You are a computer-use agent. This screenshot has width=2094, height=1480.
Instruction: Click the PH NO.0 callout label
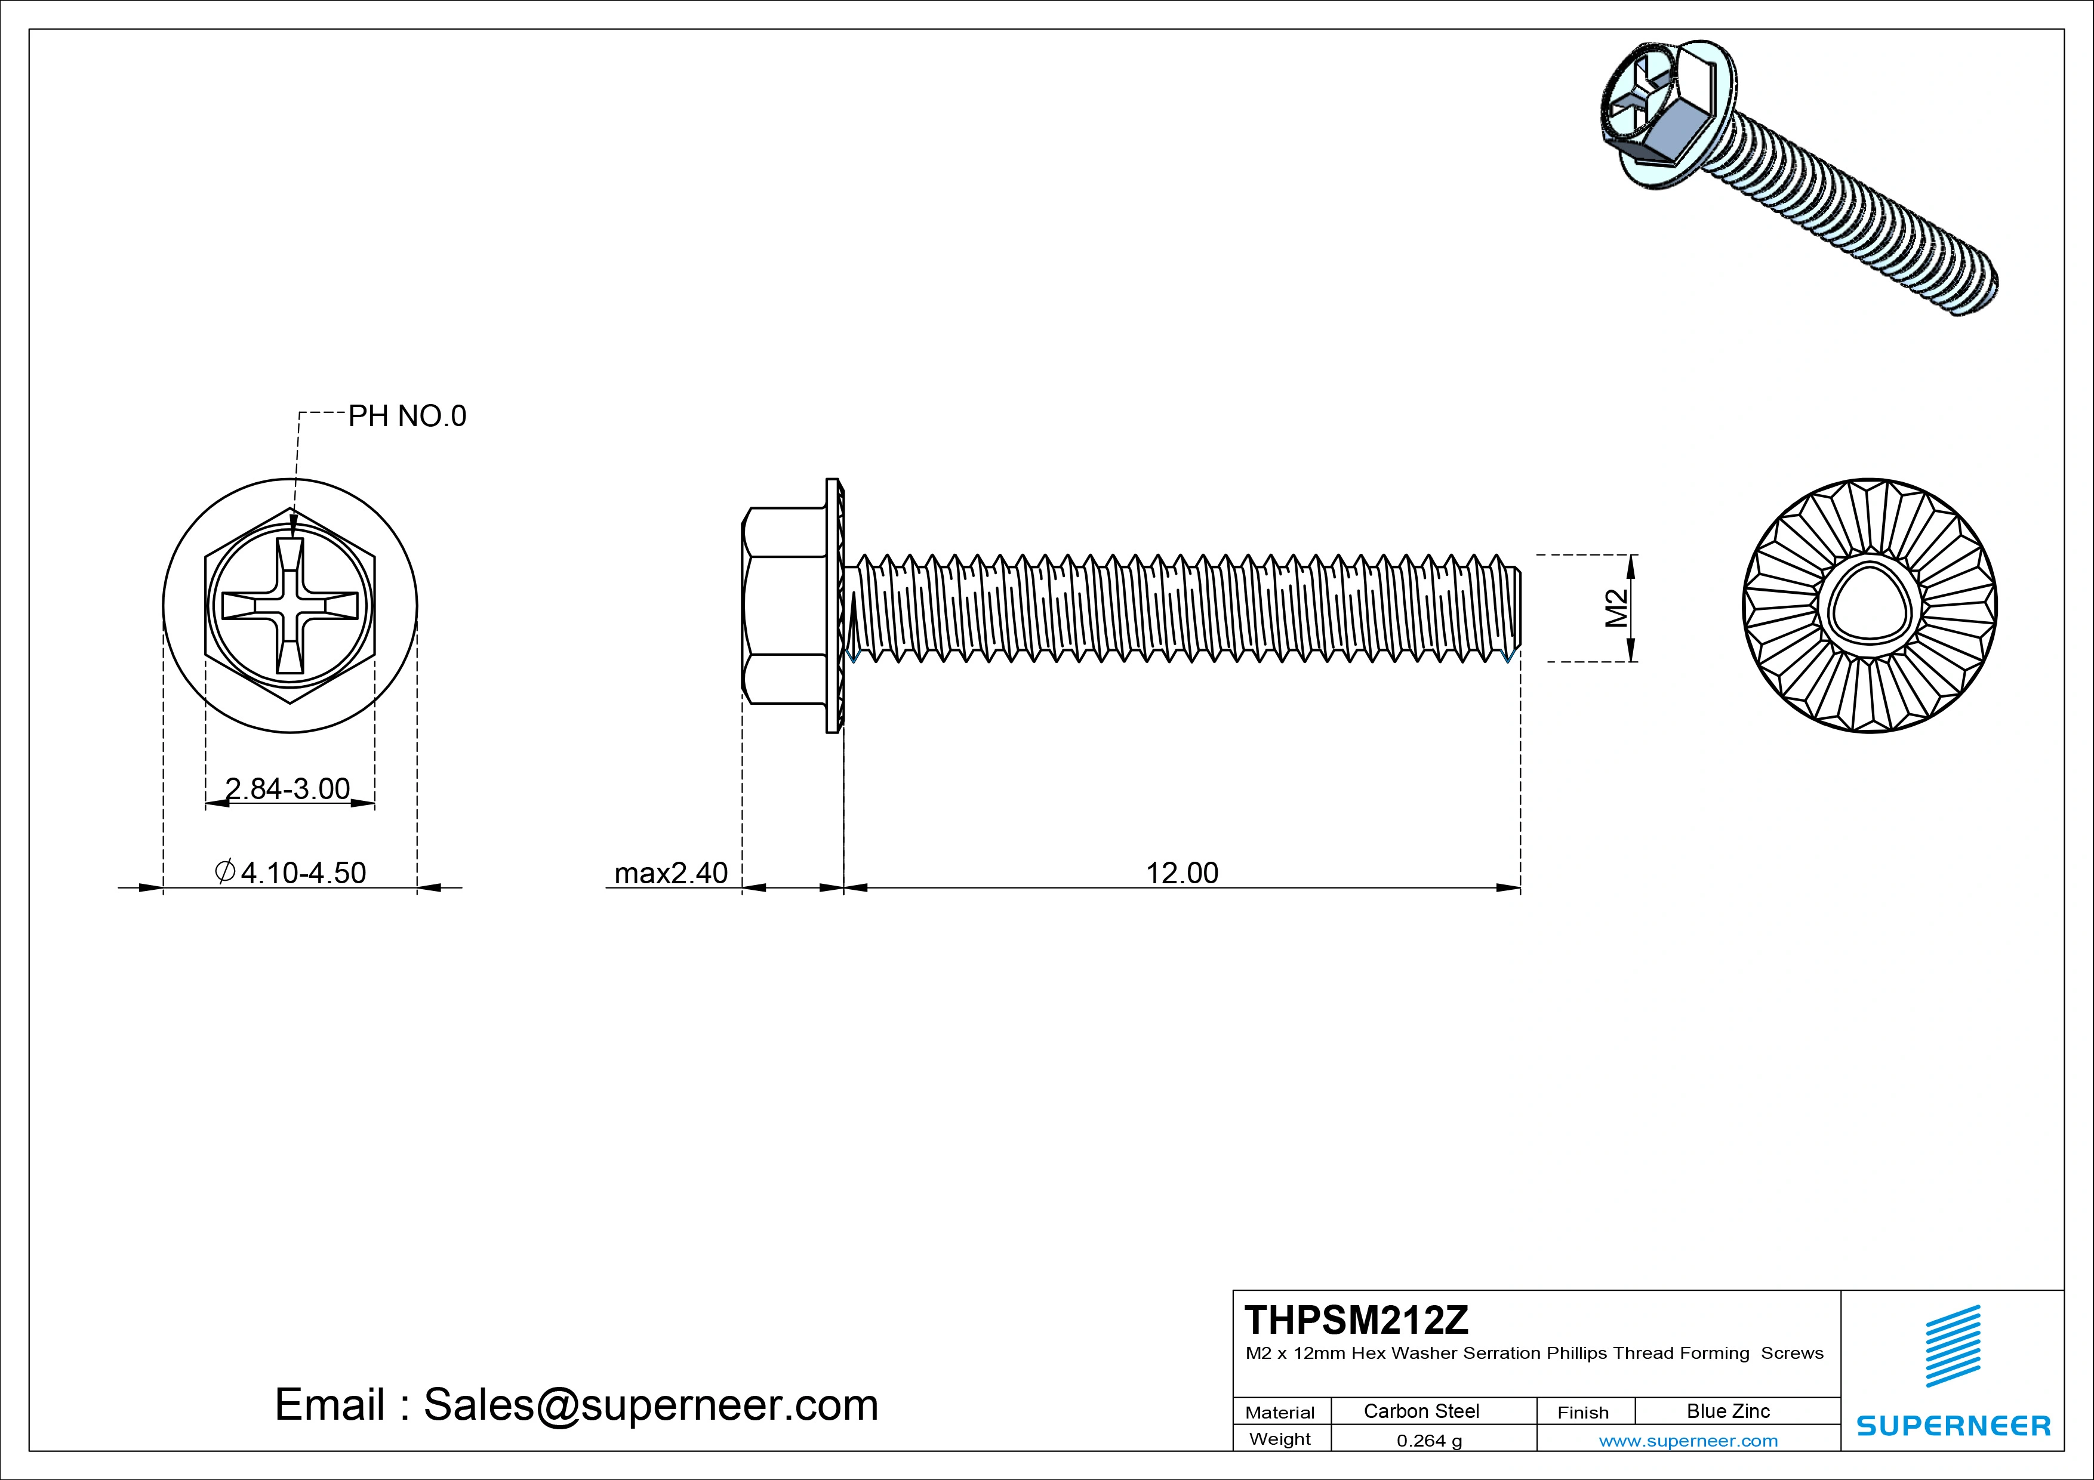pos(407,416)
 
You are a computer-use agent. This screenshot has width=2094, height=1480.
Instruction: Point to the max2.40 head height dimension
pos(672,872)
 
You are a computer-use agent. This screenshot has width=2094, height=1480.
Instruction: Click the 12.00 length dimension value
pos(1181,872)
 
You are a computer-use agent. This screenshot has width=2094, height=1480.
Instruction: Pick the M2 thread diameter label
pos(1616,608)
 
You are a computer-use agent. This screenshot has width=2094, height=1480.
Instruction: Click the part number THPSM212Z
pos(1356,1319)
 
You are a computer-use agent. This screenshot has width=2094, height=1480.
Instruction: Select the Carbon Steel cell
pos(1421,1411)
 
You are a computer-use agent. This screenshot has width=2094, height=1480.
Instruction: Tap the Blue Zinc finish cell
pos(1727,1411)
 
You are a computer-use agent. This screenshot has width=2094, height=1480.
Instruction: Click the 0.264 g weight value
pos(1429,1441)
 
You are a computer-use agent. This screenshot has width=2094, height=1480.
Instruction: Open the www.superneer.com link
pos(1688,1441)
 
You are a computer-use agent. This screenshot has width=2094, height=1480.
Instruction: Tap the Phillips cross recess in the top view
pos(290,606)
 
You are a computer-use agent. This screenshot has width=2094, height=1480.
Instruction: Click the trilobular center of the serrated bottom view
pos(1869,606)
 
